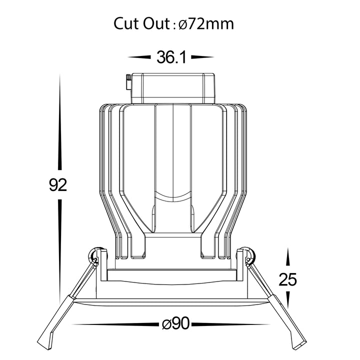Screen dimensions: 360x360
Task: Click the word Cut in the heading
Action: click(126, 23)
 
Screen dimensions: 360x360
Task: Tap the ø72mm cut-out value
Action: click(206, 23)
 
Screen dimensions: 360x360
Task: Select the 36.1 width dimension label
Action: click(171, 57)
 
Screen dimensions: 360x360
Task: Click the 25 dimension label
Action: click(287, 279)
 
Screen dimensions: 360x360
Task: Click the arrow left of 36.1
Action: click(139, 57)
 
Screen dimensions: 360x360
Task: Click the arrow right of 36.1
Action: click(202, 57)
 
